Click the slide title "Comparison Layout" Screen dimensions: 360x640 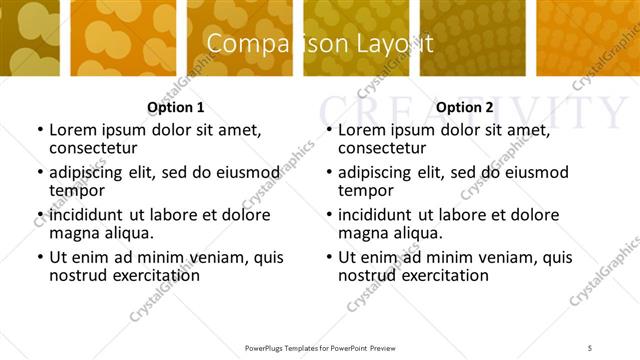point(320,44)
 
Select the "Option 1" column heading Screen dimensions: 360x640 point(176,107)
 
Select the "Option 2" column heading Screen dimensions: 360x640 point(465,107)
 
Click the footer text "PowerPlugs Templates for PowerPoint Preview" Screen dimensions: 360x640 point(320,347)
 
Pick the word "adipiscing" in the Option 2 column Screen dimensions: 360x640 point(382,172)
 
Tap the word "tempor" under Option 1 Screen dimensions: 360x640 point(76,190)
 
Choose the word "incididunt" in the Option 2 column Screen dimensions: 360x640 point(381,215)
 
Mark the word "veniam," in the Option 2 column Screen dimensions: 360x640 point(499,257)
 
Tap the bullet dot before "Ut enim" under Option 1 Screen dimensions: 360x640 point(39,258)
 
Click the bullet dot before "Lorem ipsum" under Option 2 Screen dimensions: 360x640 point(328,131)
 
